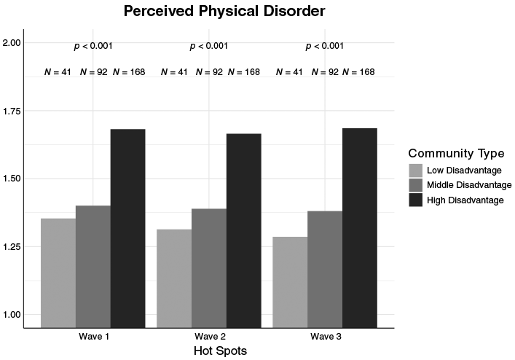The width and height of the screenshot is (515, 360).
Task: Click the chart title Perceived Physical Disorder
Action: (x=224, y=11)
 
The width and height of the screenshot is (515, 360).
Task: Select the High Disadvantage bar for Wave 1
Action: (x=127, y=228)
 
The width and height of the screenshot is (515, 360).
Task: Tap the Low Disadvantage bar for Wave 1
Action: (x=58, y=273)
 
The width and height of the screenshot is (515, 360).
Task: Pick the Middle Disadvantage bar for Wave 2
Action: (x=209, y=268)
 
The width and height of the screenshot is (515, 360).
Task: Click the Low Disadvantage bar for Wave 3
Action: (x=291, y=282)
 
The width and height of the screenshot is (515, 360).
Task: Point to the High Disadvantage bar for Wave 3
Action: (x=360, y=228)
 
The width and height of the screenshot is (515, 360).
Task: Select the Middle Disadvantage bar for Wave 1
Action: (x=93, y=267)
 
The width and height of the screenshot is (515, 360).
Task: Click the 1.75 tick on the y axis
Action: (x=12, y=111)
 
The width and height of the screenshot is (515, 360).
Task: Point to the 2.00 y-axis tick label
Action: (x=12, y=43)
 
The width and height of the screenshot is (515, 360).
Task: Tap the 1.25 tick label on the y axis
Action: (x=12, y=246)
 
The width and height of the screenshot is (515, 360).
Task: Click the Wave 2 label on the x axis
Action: (x=210, y=337)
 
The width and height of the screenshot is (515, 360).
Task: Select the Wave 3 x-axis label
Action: (x=326, y=337)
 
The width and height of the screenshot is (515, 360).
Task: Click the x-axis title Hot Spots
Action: (x=220, y=351)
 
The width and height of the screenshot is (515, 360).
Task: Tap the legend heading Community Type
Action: (x=456, y=153)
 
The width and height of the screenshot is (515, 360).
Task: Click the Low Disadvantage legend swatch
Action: (x=415, y=171)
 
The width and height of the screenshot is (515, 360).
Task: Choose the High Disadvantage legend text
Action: (x=465, y=200)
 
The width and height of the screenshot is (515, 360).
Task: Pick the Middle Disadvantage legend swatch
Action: (x=415, y=185)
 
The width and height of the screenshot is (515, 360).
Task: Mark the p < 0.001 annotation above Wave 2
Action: (x=209, y=46)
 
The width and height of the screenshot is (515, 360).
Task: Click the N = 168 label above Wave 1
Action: (x=129, y=72)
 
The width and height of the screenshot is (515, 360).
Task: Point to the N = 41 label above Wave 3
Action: (x=289, y=72)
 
